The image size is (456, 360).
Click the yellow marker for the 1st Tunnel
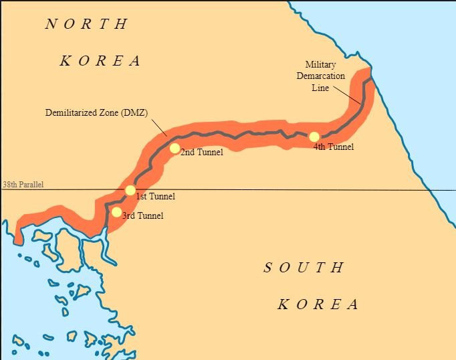(130, 191)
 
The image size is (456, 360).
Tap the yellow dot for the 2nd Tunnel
(175, 148)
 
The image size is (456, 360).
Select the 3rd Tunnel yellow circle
(116, 213)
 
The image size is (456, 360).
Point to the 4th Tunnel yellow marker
(314, 137)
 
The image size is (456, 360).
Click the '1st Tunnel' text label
(155, 197)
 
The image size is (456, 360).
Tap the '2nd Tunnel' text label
(201, 153)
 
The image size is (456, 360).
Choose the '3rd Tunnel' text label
(142, 216)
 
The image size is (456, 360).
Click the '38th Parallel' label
(23, 185)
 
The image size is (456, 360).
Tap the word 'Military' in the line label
(321, 65)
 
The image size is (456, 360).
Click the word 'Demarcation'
(321, 76)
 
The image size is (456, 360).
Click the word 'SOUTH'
(304, 268)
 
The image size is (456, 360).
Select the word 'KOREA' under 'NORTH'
(100, 61)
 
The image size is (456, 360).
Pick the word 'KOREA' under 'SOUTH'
(318, 304)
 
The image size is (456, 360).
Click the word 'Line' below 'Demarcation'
(321, 88)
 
